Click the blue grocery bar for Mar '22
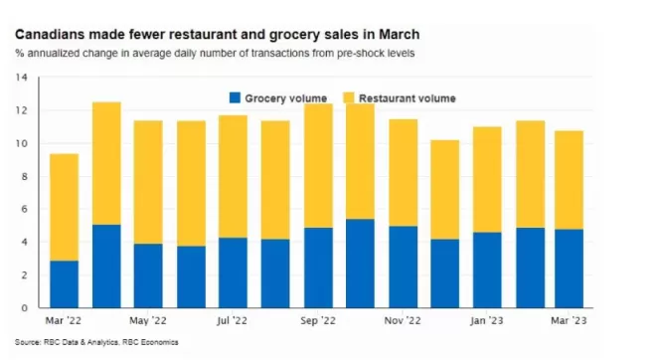pyautogui.click(x=64, y=284)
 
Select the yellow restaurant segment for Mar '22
pyautogui.click(x=64, y=207)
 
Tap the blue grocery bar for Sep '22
pyautogui.click(x=318, y=268)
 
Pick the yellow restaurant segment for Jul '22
pyautogui.click(x=233, y=177)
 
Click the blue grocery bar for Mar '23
pyautogui.click(x=570, y=269)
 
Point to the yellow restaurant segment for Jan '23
pyautogui.click(x=487, y=180)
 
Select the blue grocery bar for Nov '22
pyautogui.click(x=404, y=268)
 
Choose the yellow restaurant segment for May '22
pyautogui.click(x=148, y=182)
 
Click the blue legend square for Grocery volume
pyautogui.click(x=236, y=97)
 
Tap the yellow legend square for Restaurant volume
pyautogui.click(x=349, y=97)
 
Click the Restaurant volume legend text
pyautogui.click(x=408, y=98)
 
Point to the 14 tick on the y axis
pyautogui.click(x=21, y=78)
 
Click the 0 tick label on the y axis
pyautogui.click(x=24, y=308)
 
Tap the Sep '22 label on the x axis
pyautogui.click(x=318, y=320)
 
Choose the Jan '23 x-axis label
pyautogui.click(x=487, y=320)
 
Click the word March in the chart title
pyautogui.click(x=400, y=35)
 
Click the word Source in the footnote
pyautogui.click(x=27, y=342)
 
